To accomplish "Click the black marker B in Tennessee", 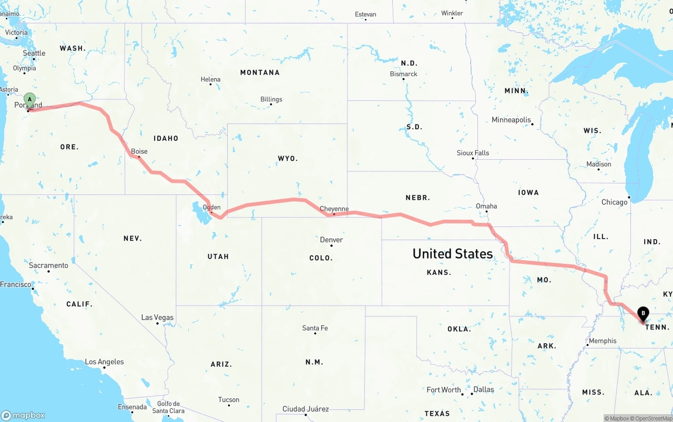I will tap(643, 314).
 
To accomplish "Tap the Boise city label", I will tap(139, 151).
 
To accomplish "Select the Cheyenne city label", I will tap(334, 209).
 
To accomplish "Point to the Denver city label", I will tap(331, 240).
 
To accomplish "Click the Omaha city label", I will tap(486, 206).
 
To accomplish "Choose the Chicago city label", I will tap(614, 202).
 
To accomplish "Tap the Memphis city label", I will tap(603, 341).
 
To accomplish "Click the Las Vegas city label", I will tap(157, 317).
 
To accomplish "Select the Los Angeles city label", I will tap(105, 362).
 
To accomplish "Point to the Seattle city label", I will tap(34, 53).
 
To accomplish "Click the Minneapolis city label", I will tap(511, 120).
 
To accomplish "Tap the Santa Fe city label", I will tap(315, 328).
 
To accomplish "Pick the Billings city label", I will tap(271, 99).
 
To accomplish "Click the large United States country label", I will tap(453, 254).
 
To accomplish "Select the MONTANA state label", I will tap(260, 73).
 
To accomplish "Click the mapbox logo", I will tap(23, 415).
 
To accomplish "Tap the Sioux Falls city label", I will tap(473, 153).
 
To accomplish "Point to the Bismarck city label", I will tap(404, 74).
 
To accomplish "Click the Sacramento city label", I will tap(48, 265).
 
